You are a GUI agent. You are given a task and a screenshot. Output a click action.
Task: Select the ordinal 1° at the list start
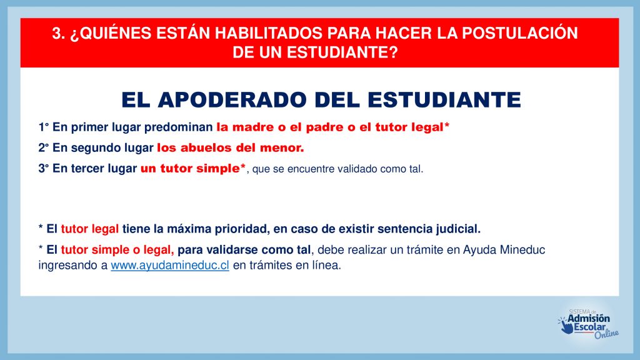(x=44, y=127)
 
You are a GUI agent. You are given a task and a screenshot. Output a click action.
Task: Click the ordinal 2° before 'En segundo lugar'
(x=44, y=147)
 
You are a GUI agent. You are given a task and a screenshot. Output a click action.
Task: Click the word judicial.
(x=458, y=229)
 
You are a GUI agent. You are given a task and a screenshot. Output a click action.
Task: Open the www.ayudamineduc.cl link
(x=170, y=265)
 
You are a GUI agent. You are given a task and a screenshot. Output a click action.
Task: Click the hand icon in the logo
(x=566, y=326)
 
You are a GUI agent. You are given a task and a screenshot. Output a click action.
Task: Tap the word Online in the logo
(x=606, y=334)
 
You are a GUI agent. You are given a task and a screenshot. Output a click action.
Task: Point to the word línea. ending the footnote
(x=326, y=265)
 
